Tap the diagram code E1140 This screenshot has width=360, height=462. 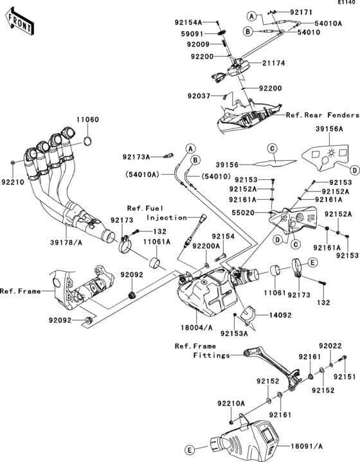[x=346, y=4]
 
